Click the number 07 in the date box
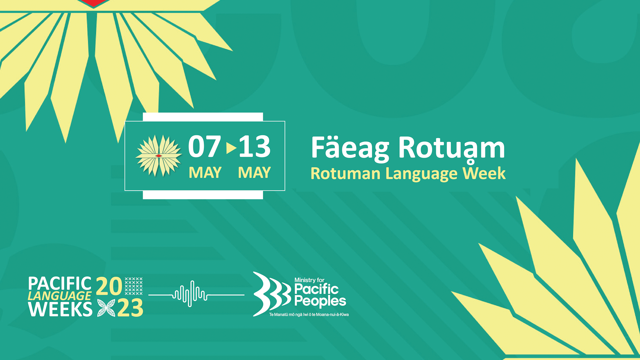(204, 147)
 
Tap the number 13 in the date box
(255, 147)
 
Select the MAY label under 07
(205, 173)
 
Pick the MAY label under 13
(254, 173)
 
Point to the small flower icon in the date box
(159, 156)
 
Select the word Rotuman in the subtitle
(345, 174)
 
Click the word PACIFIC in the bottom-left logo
(60, 284)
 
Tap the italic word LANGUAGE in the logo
(59, 296)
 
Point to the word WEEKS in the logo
(60, 309)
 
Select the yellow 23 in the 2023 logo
(130, 308)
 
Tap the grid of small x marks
(134, 286)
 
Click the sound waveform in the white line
(190, 294)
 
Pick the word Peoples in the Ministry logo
(320, 301)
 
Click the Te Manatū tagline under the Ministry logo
(309, 314)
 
